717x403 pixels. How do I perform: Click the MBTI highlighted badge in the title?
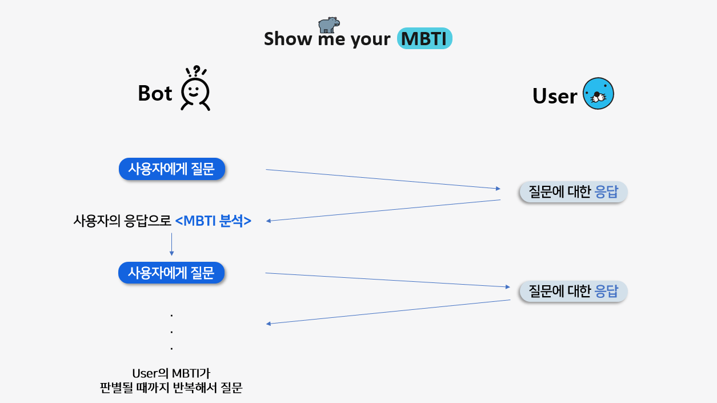click(x=424, y=38)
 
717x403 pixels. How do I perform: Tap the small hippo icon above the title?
click(x=329, y=25)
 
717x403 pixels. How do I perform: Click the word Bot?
click(x=155, y=93)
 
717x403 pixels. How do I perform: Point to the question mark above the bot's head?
click(x=197, y=70)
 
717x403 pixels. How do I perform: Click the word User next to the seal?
click(x=554, y=96)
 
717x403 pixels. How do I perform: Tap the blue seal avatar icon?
click(x=598, y=94)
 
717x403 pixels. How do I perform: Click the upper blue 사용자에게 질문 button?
click(x=171, y=169)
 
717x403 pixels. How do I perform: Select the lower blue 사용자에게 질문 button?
click(x=171, y=273)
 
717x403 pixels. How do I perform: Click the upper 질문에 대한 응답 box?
click(x=573, y=192)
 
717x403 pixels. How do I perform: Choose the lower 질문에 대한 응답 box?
click(x=573, y=292)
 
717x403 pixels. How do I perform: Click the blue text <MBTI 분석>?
click(x=213, y=221)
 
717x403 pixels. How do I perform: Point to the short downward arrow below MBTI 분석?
click(x=171, y=244)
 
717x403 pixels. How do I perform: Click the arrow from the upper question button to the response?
click(x=383, y=179)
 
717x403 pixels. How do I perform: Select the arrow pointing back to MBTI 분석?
click(x=383, y=210)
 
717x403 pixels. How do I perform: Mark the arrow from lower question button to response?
click(x=388, y=280)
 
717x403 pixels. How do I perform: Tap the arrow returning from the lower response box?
click(x=388, y=312)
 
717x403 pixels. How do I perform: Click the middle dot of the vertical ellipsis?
click(x=171, y=332)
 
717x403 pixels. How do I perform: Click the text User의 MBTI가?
click(x=171, y=374)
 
